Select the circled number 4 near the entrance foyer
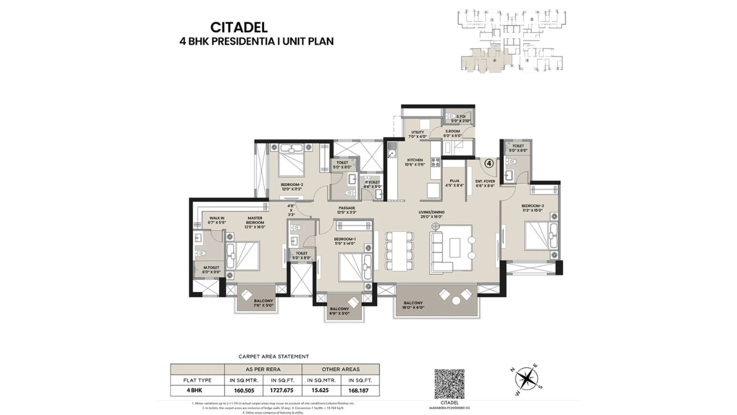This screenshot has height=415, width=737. [x=488, y=163]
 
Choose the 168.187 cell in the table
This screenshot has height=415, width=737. [x=360, y=390]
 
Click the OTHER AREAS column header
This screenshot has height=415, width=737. [x=340, y=369]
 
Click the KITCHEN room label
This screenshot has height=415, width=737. [x=415, y=160]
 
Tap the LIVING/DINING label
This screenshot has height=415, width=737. [x=431, y=212]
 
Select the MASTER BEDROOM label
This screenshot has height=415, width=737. [x=255, y=220]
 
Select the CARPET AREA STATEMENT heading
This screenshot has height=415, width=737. [x=273, y=357]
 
